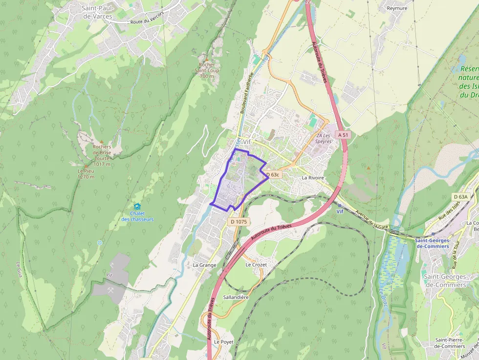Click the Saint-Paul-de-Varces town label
(98, 12)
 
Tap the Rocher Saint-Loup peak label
(206, 70)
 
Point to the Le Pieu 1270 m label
(86, 174)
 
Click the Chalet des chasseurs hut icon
(137, 207)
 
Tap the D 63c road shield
(272, 174)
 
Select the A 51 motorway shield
(343, 135)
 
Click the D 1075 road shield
(239, 222)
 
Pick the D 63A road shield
(460, 196)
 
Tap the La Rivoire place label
(313, 178)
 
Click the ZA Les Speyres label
(324, 138)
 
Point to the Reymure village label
(397, 8)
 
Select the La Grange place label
(204, 265)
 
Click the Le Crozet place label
(256, 265)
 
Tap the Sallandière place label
(236, 297)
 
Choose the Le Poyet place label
(224, 341)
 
